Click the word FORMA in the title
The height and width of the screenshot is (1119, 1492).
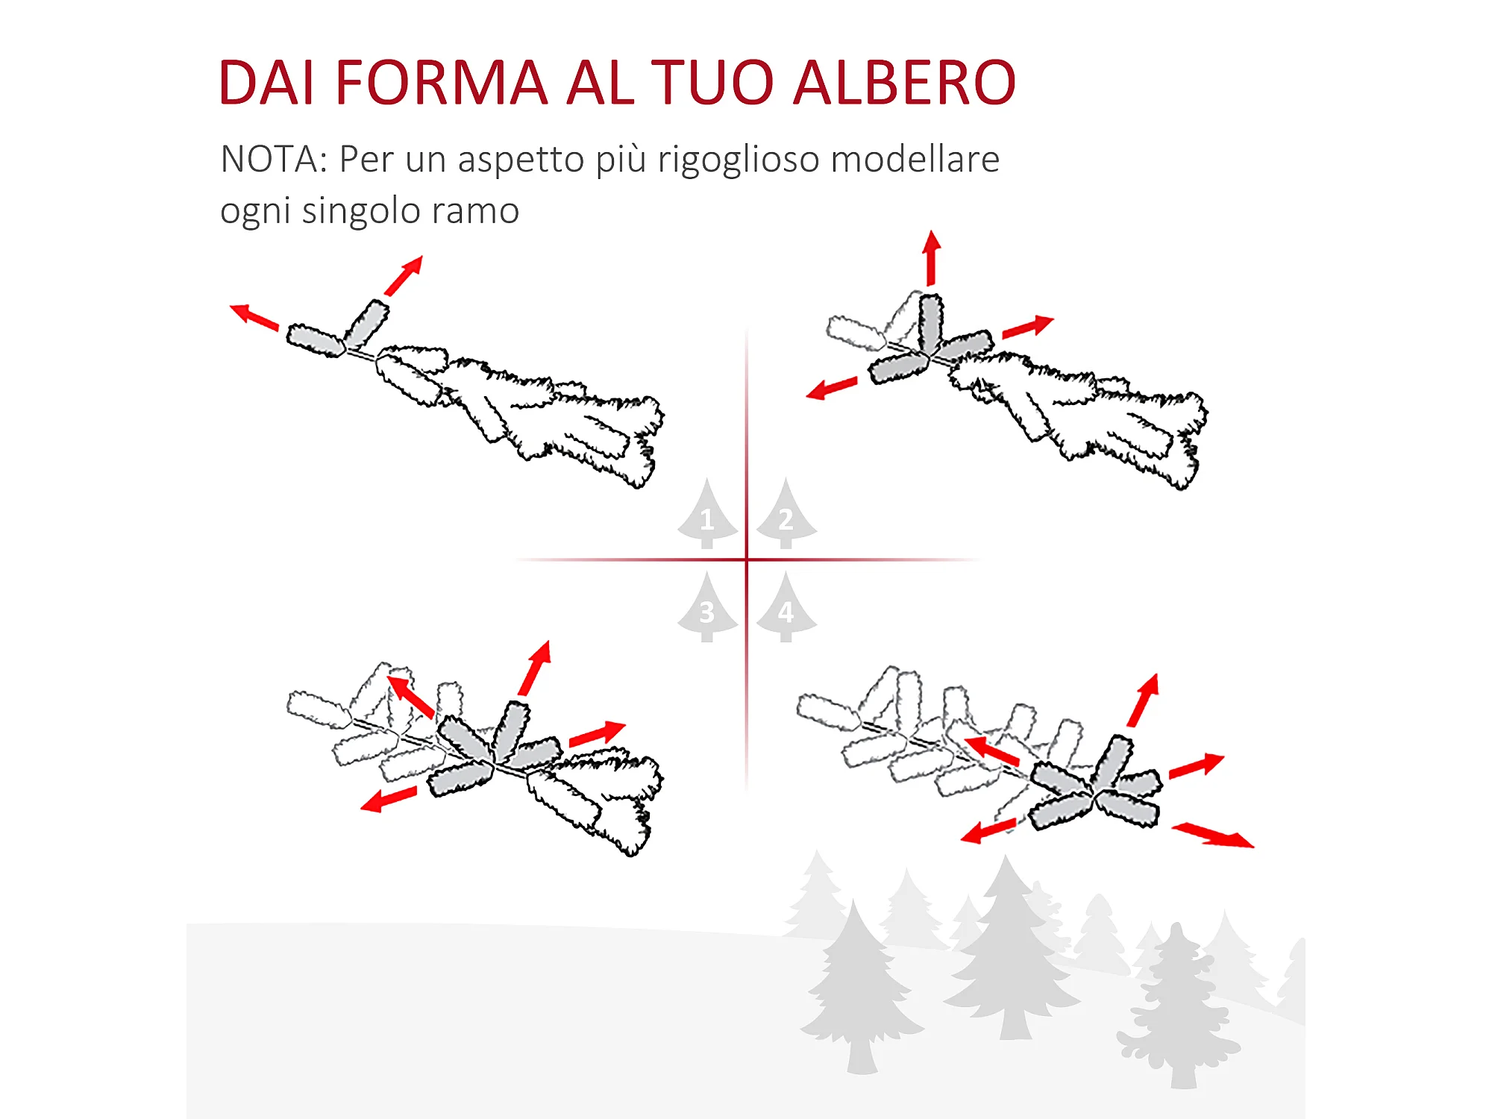click(x=442, y=82)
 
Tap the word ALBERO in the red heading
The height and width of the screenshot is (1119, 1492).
click(x=904, y=82)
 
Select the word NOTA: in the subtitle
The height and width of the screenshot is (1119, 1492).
click(x=274, y=159)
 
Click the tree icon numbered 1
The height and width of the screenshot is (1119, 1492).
click(x=707, y=514)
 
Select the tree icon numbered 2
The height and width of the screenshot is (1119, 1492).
click(x=786, y=514)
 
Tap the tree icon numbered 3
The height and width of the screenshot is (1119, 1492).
click(x=707, y=607)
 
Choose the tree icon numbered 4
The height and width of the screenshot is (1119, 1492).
click(x=786, y=607)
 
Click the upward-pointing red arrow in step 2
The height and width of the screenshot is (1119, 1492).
click(x=931, y=258)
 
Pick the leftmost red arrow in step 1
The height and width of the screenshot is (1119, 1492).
click(x=254, y=317)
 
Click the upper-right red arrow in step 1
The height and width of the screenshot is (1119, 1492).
click(x=404, y=275)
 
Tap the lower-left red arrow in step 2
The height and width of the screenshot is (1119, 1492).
click(x=832, y=389)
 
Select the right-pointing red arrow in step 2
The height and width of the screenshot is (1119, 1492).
click(x=1028, y=327)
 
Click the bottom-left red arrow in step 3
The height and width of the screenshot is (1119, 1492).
click(x=389, y=799)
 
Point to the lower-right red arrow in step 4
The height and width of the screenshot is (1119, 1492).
click(x=1213, y=835)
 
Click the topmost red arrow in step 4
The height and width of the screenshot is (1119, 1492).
click(x=1143, y=700)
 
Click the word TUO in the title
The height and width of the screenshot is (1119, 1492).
click(x=713, y=82)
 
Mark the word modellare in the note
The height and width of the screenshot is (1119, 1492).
click(x=915, y=159)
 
